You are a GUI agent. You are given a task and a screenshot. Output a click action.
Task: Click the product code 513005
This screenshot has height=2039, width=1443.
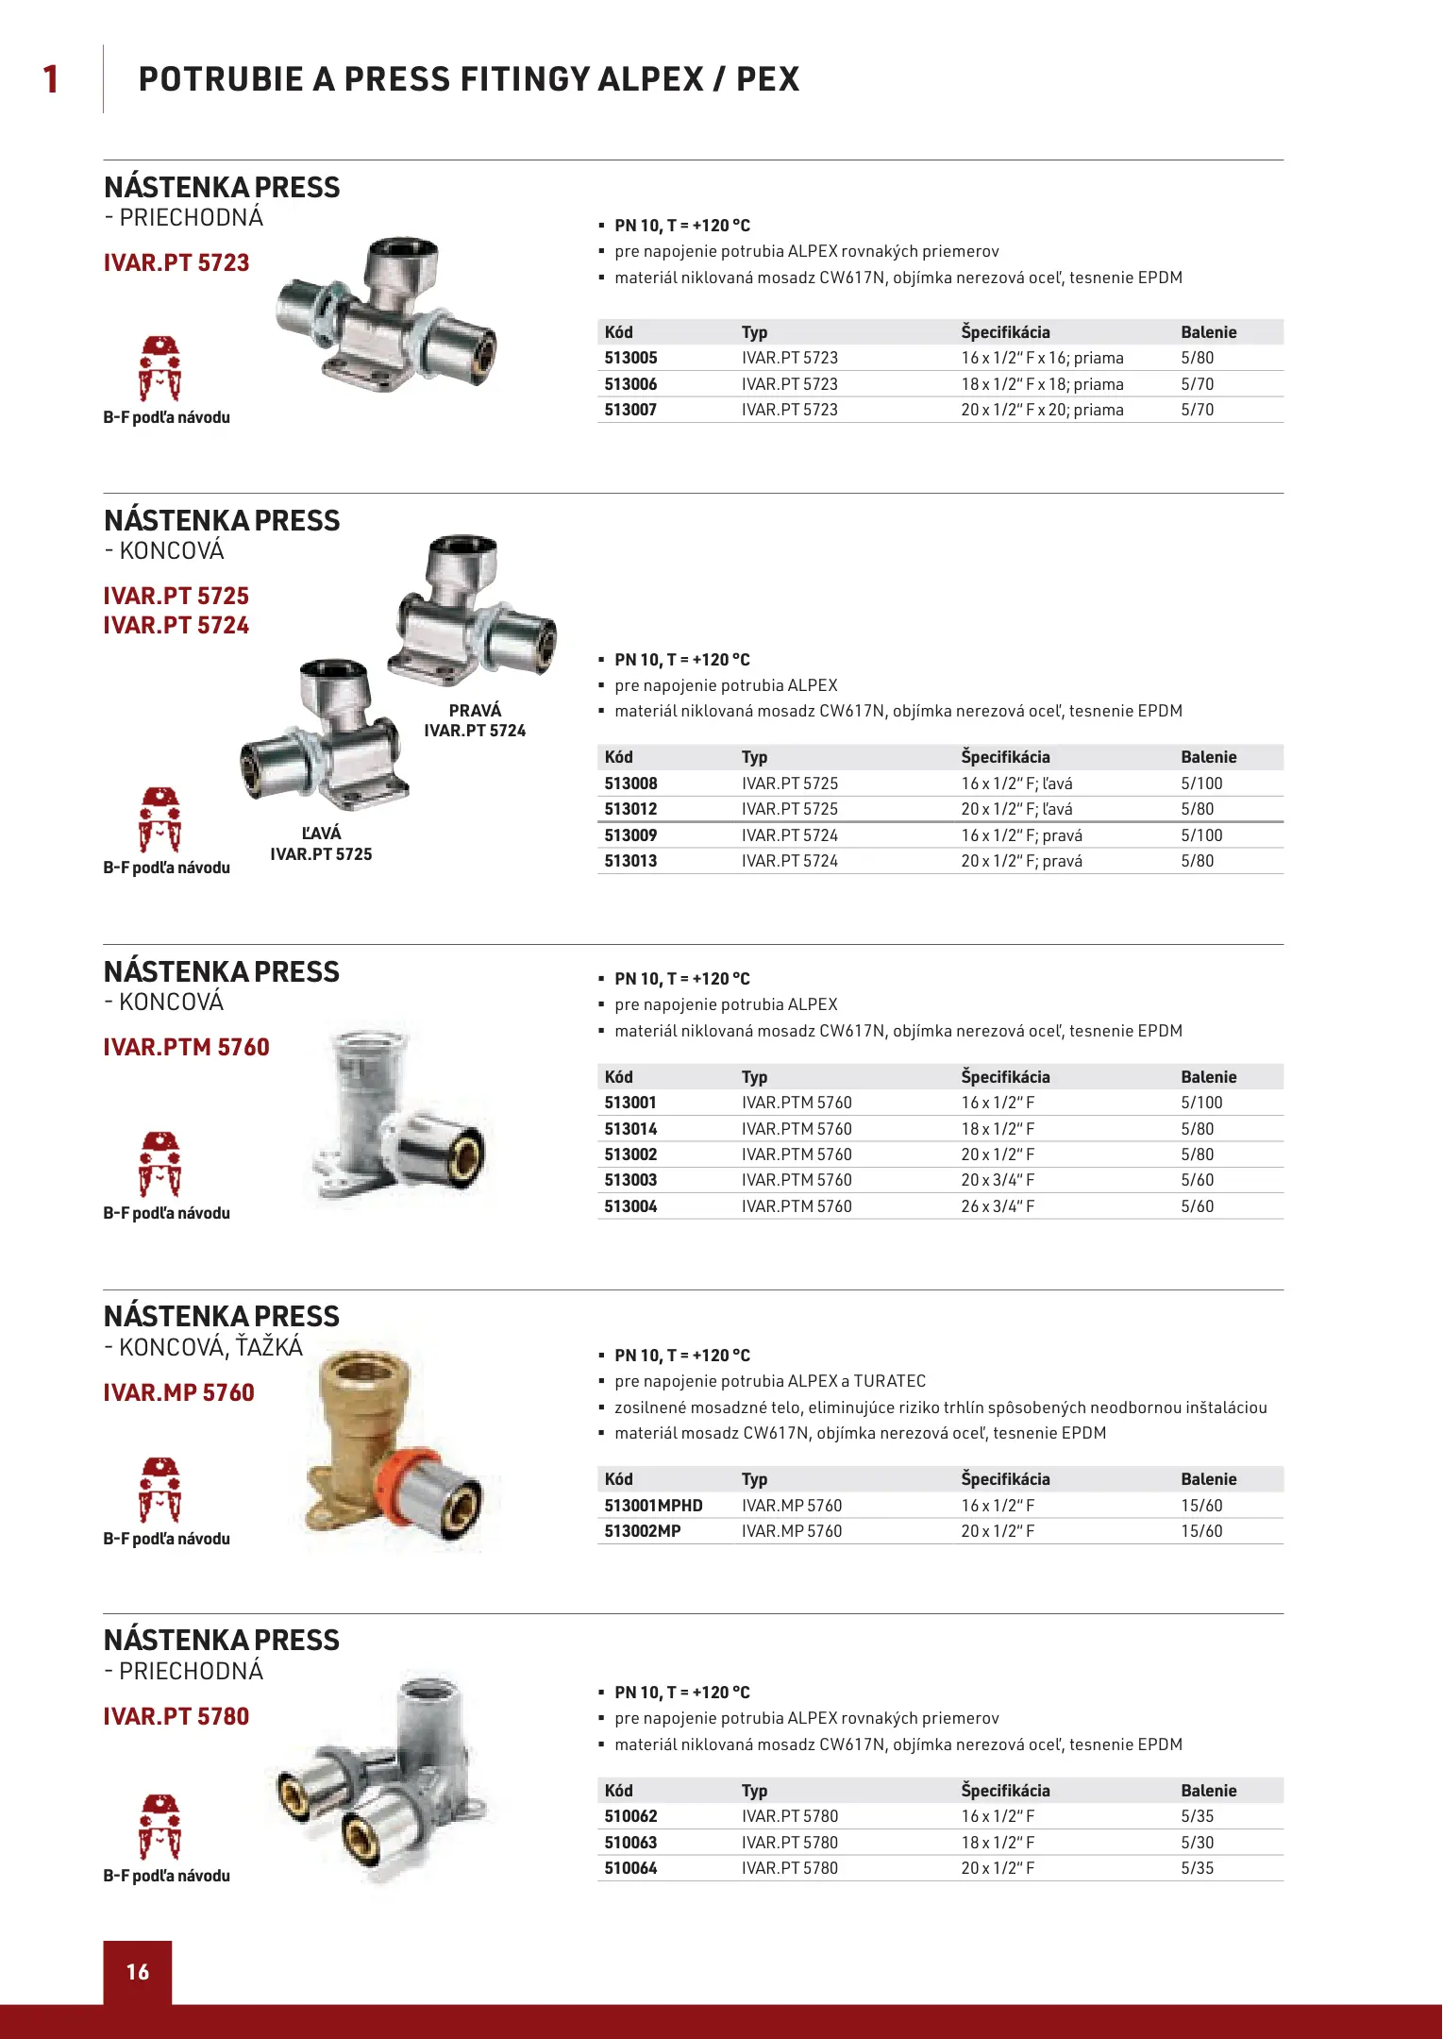[x=630, y=358]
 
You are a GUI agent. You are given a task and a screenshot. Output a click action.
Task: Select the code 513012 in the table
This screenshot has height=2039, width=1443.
[x=630, y=809]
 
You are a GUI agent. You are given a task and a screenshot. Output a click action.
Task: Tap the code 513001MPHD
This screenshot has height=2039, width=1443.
[x=653, y=1506]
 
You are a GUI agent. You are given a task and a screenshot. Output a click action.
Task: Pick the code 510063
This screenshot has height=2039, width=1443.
[x=630, y=1843]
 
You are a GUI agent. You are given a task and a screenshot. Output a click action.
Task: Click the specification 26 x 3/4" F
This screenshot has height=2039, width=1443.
[x=998, y=1206]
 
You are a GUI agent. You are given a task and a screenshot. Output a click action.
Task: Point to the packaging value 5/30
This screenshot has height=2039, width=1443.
[x=1197, y=1843]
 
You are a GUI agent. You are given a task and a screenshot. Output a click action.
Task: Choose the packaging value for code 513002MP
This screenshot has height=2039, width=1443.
[x=1201, y=1531]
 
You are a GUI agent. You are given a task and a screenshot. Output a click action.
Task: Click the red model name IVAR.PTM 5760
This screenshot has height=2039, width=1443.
[x=186, y=1047]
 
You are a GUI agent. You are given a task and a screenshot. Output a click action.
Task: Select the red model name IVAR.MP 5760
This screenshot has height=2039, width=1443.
[x=178, y=1392]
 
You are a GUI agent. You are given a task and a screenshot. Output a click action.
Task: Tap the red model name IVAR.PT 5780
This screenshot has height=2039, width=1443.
[x=176, y=1716]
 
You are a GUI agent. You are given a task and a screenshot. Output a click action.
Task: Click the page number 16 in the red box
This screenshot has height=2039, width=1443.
[x=138, y=1971]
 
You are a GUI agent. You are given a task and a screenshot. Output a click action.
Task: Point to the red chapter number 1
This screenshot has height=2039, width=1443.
[x=51, y=79]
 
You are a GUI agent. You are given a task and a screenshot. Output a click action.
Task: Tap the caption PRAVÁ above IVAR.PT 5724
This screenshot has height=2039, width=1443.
[x=475, y=710]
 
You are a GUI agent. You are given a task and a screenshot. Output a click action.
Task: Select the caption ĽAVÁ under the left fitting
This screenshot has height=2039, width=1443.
[x=321, y=833]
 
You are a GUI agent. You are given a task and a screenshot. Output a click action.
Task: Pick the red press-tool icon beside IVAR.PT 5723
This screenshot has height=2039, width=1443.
[x=159, y=368]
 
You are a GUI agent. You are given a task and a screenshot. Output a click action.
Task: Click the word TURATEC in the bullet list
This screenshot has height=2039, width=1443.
[x=889, y=1381]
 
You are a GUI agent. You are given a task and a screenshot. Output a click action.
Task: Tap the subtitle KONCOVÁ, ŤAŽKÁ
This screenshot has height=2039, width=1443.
[x=210, y=1347]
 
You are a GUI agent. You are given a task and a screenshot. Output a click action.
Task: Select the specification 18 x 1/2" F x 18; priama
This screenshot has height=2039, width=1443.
[x=1042, y=384]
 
